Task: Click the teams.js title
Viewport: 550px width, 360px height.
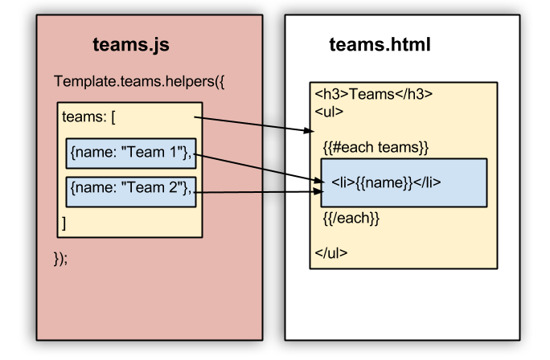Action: [131, 45]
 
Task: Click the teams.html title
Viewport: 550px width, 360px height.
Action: [380, 45]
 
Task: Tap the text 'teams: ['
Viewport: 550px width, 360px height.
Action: [89, 117]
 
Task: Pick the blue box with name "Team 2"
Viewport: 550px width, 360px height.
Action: [130, 189]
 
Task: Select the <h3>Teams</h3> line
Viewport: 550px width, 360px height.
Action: [373, 95]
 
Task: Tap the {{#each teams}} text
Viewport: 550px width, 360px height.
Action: [376, 147]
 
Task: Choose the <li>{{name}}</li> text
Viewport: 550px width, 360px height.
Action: [386, 182]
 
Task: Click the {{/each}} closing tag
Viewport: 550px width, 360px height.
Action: [351, 217]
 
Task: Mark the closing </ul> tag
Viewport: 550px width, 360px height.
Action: [331, 252]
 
